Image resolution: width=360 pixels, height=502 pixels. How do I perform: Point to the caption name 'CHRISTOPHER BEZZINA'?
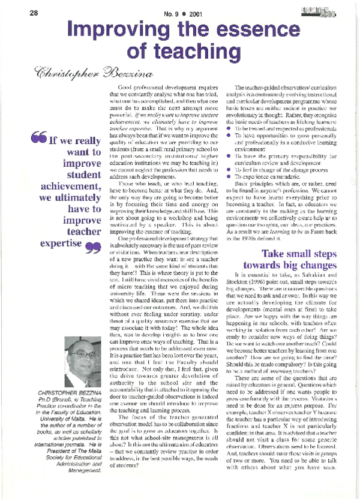[x=67, y=393]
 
